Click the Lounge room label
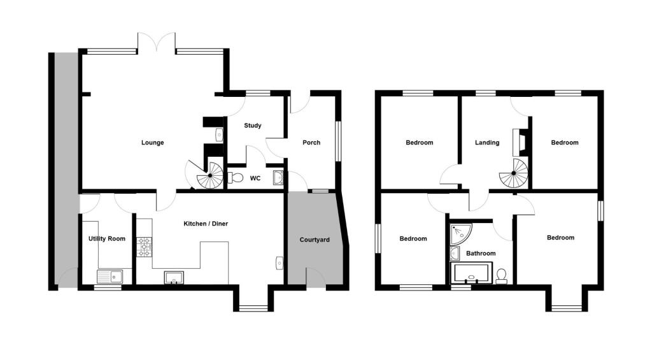click(152, 143)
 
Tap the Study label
click(253, 126)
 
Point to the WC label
click(255, 178)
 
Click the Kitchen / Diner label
click(206, 224)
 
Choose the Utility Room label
click(107, 239)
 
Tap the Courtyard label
click(315, 240)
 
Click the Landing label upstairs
click(487, 143)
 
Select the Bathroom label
click(481, 254)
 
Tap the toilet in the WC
click(235, 178)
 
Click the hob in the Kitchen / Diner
click(145, 247)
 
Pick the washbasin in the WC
click(278, 177)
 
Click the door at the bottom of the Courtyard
click(316, 278)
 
